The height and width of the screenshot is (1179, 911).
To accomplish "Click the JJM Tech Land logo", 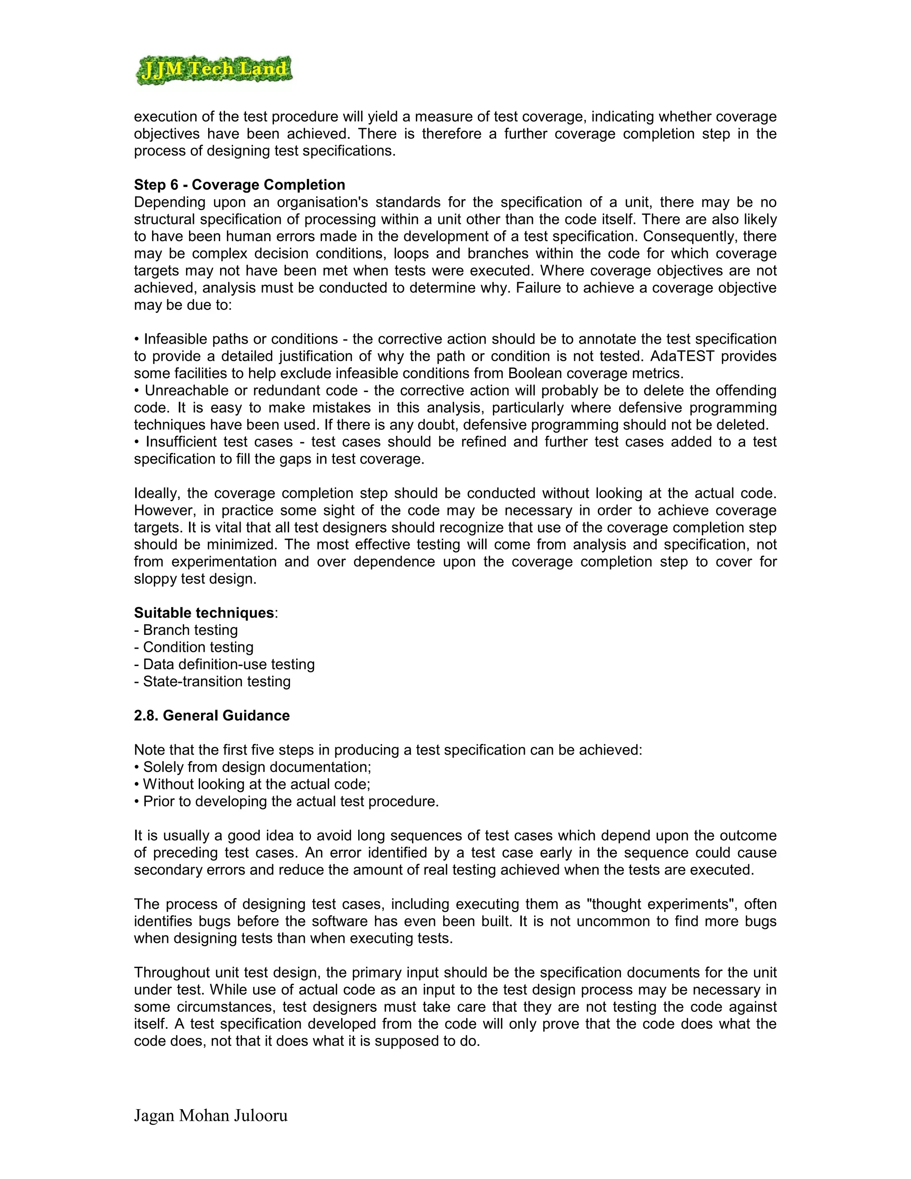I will click(214, 70).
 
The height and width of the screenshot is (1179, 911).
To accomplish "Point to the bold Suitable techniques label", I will click(204, 613).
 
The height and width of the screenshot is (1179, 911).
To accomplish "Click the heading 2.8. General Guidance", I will click(212, 716).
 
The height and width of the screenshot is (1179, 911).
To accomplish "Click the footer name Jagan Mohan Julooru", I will click(210, 1115).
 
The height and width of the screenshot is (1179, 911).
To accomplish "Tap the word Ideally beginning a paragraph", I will click(157, 493).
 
